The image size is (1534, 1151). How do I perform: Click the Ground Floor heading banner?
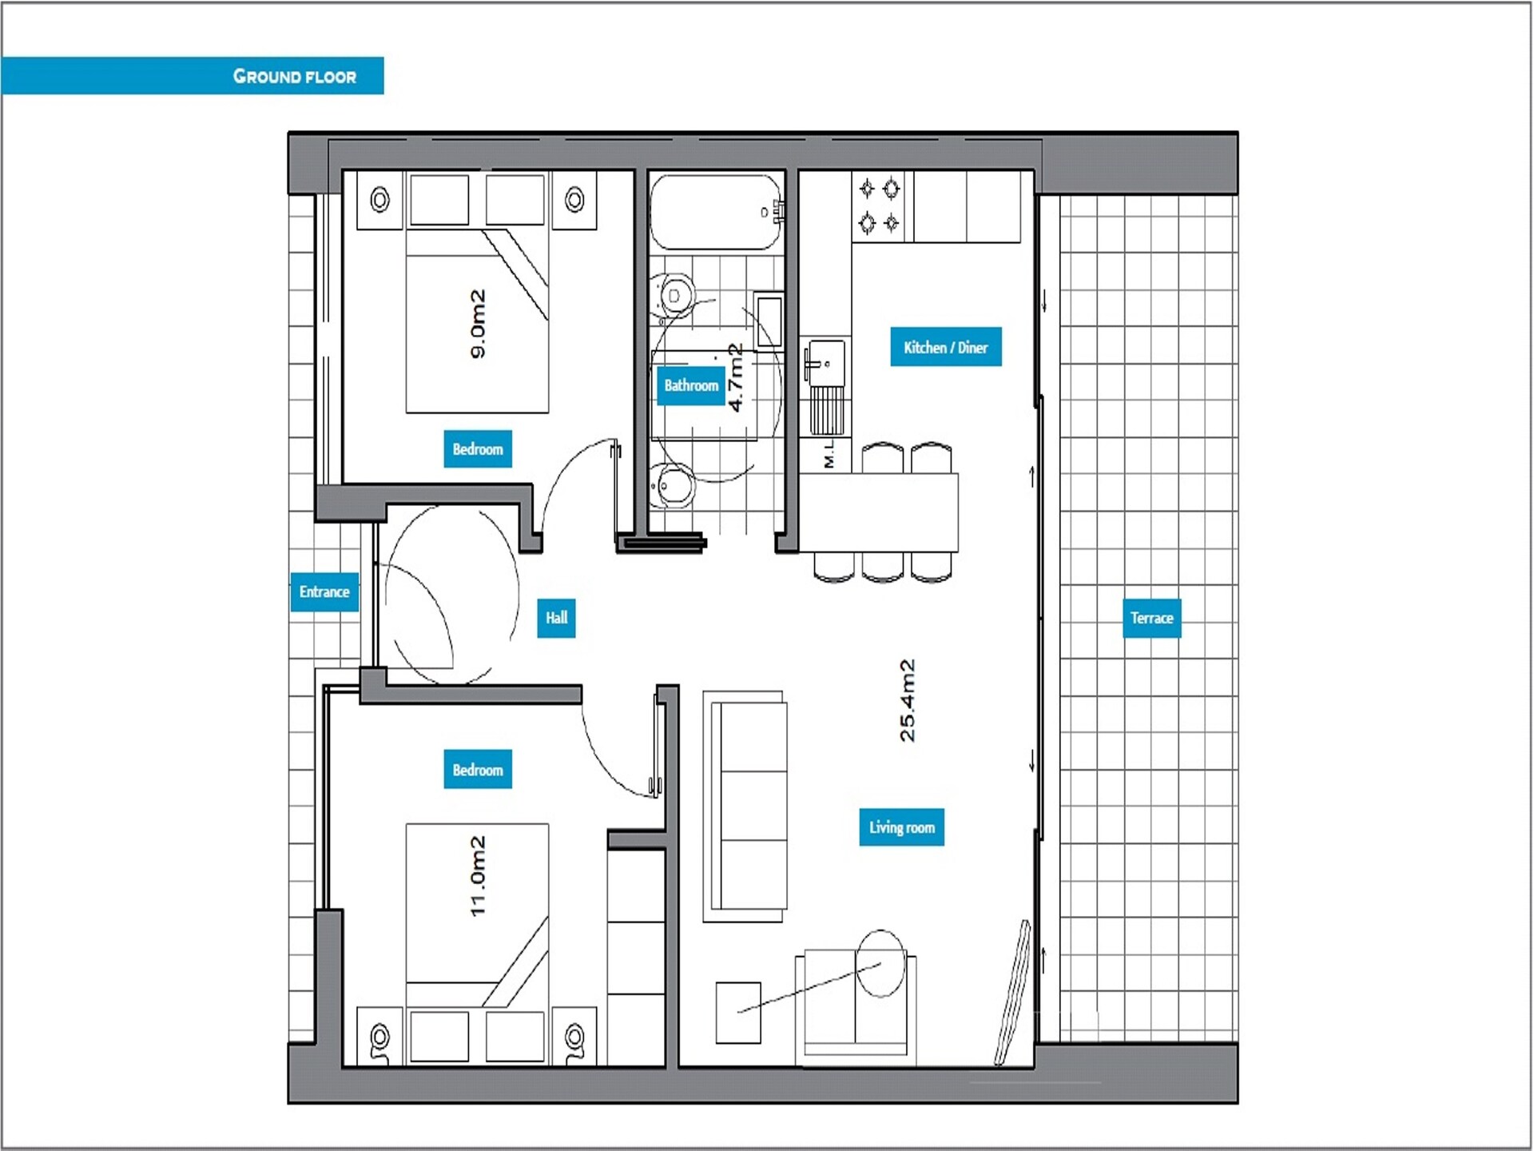pos(192,76)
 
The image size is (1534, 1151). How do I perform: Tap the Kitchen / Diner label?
pos(946,347)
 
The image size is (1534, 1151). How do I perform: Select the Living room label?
pos(902,827)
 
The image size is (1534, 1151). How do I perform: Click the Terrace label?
pos(1151,618)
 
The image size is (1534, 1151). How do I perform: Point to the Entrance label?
pos(324,591)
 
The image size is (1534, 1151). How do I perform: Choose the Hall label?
pos(556,618)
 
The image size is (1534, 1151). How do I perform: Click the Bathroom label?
pos(691,385)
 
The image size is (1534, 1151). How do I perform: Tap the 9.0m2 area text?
pos(478,324)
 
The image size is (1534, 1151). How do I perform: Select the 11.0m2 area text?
pos(478,876)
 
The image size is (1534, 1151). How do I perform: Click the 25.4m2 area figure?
pos(908,701)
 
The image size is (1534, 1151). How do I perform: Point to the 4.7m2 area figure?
pos(736,377)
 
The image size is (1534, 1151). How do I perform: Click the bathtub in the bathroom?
pos(716,213)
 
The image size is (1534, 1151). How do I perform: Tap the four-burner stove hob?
pos(880,205)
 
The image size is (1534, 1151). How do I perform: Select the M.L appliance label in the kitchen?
pos(829,453)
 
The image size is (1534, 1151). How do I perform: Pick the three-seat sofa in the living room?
pos(745,806)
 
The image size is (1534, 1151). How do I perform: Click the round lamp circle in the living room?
pos(880,963)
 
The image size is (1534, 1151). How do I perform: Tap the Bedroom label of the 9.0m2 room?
pos(478,449)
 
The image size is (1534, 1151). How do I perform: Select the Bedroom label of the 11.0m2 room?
pos(478,770)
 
